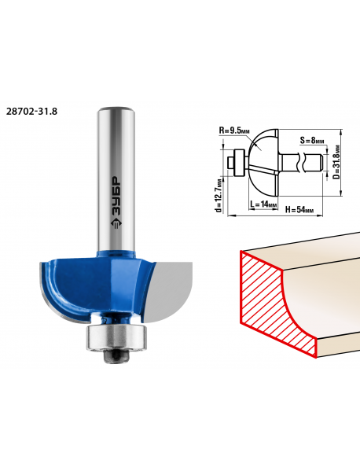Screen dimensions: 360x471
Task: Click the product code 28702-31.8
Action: point(31,112)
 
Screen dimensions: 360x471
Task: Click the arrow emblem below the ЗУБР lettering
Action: point(116,223)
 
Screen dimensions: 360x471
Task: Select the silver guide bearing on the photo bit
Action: point(116,337)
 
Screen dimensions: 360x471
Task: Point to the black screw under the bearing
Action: point(116,357)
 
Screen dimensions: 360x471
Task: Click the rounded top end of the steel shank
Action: point(116,109)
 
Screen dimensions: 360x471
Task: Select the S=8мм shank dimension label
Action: point(312,140)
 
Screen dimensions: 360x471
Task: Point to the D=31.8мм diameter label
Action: point(337,163)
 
